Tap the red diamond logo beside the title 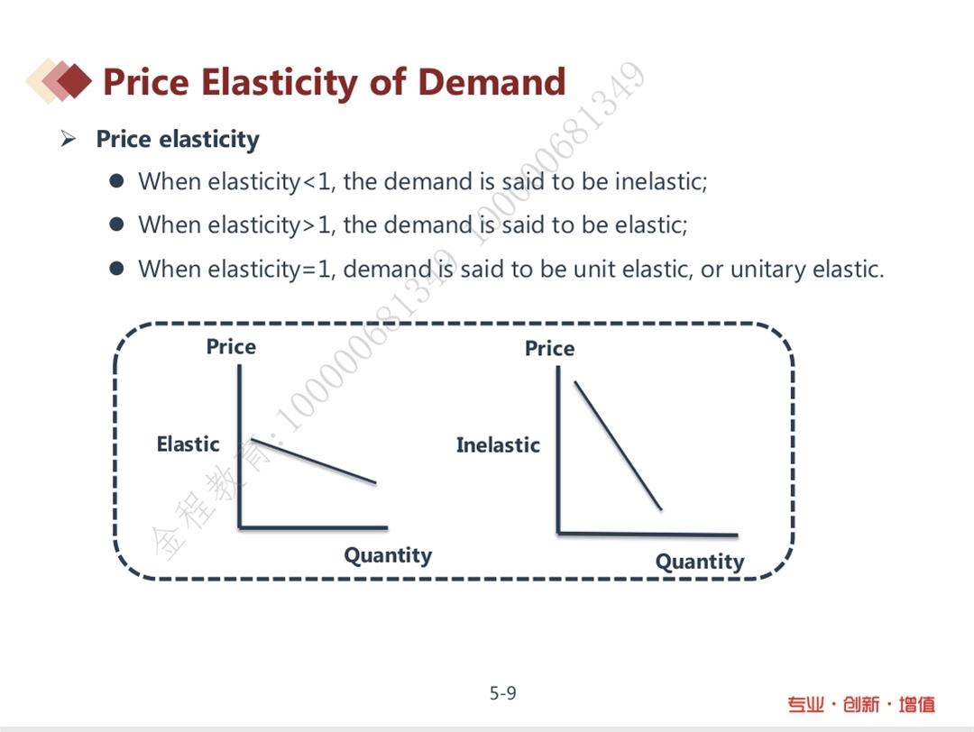(60, 81)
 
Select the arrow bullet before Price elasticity (69, 139)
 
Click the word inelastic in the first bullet (661, 181)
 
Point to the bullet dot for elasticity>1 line (116, 224)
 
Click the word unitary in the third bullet (767, 270)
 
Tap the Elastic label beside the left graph (188, 444)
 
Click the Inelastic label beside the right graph (498, 445)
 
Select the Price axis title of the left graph (231, 346)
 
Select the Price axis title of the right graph (550, 348)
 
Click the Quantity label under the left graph (388, 555)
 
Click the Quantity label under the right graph (700, 562)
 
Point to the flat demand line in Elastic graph (314, 461)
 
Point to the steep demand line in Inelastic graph (618, 446)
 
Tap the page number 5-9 (502, 693)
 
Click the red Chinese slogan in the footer (861, 705)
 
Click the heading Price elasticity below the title (178, 139)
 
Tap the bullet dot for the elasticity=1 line (116, 269)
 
